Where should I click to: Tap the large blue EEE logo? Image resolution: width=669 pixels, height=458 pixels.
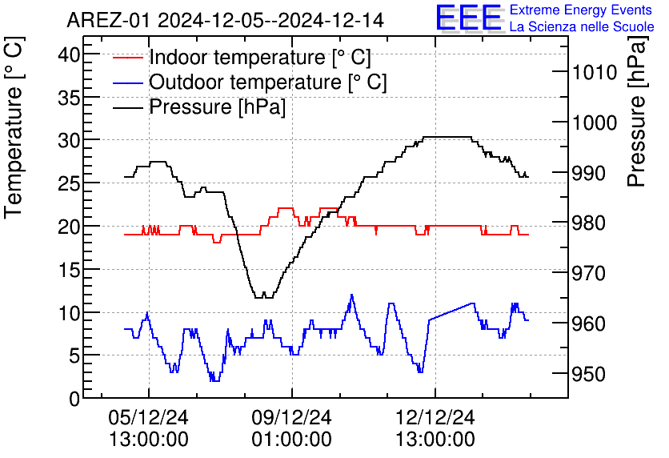coord(468,18)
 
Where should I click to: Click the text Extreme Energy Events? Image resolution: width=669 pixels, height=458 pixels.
coord(582,10)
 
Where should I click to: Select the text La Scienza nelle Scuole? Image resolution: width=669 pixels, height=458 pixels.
coord(582,27)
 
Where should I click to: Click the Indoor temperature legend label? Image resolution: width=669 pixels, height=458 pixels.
coord(260,58)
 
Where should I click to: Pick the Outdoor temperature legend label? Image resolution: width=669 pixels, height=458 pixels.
coord(268,82)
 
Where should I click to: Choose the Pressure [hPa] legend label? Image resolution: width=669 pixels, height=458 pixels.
coord(217,107)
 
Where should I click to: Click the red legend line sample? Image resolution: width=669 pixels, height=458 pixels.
coord(128,58)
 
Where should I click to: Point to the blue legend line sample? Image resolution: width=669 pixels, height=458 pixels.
coord(128,82)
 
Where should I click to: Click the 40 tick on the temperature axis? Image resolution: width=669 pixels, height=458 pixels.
coord(70,54)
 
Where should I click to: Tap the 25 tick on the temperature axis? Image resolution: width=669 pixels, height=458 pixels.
coord(70,183)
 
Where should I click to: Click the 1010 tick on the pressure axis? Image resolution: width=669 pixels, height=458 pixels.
coord(594,73)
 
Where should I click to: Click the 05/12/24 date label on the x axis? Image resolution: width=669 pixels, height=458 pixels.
coord(148,418)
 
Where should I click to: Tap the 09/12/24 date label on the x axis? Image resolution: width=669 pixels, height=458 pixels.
coord(291,418)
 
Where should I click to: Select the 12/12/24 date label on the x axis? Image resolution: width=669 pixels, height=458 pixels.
coord(435,418)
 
